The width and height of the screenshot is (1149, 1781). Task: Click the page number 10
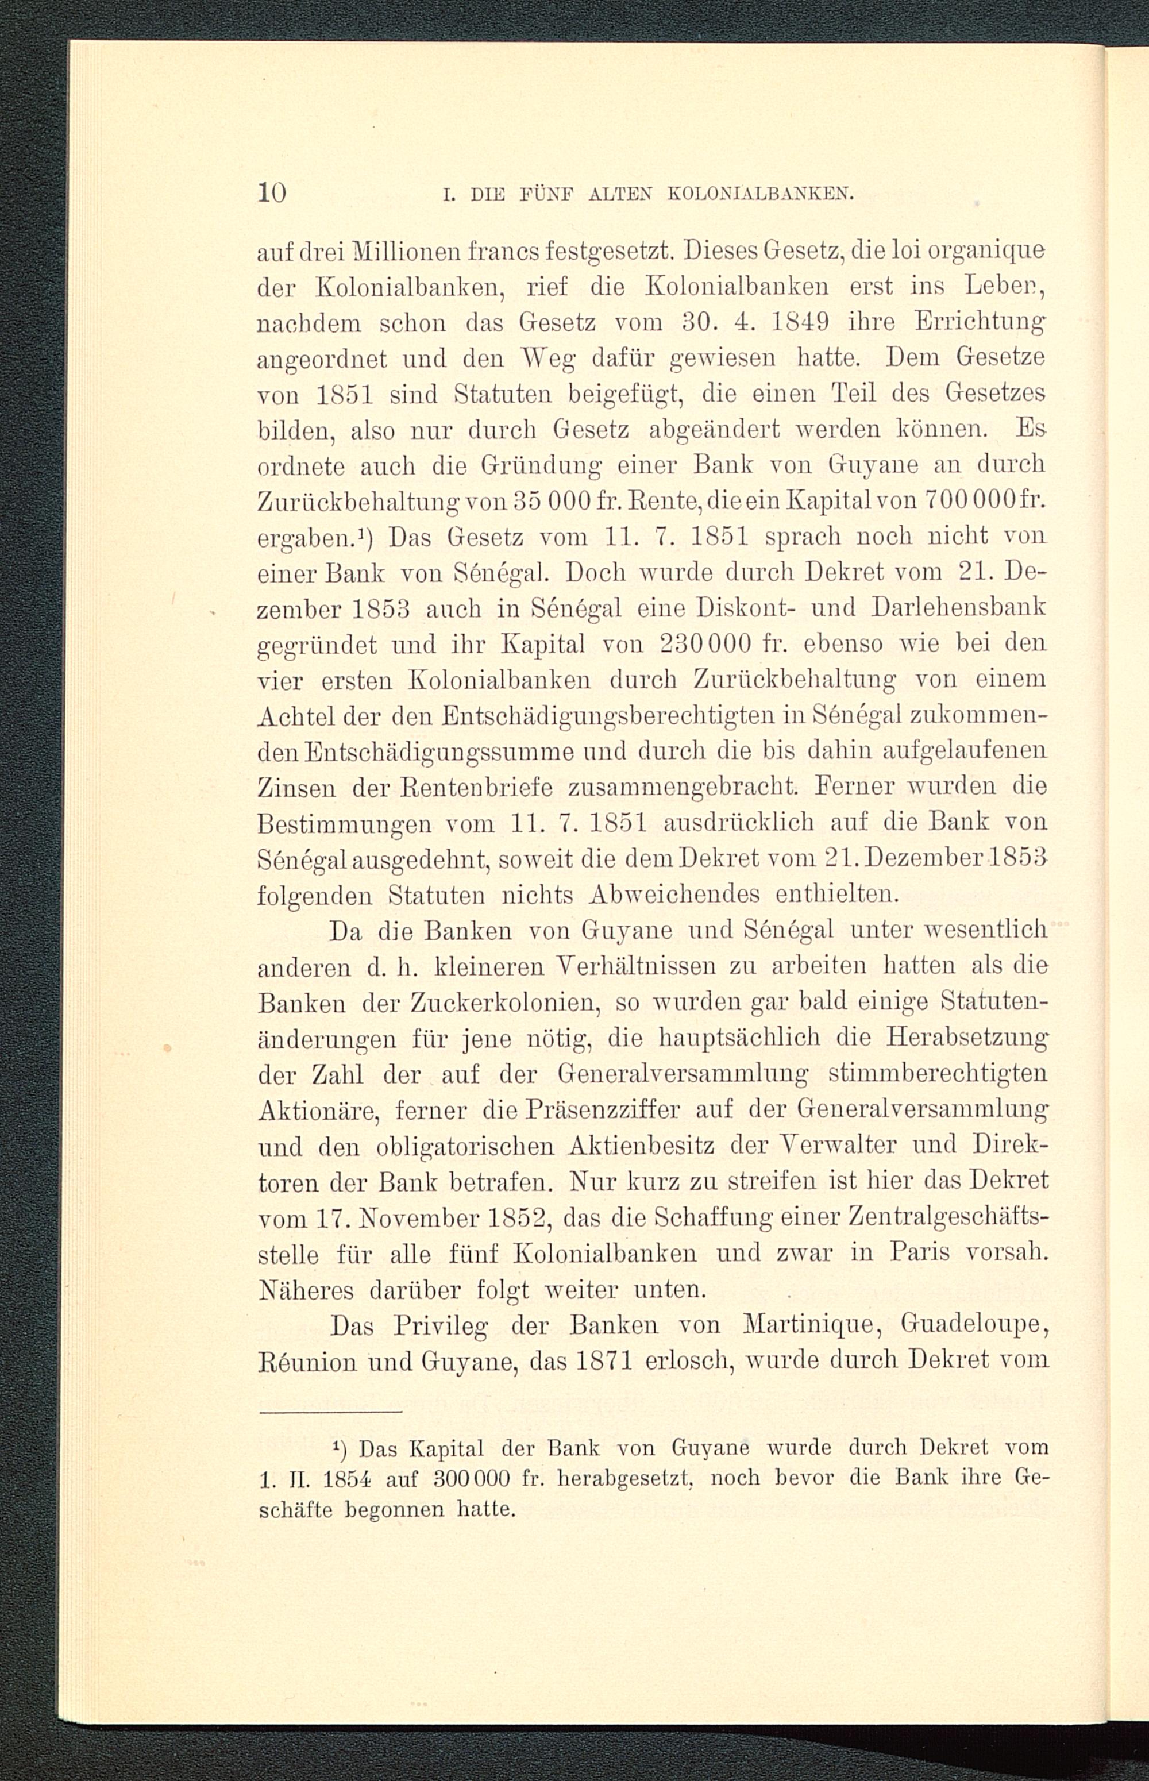click(x=272, y=193)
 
